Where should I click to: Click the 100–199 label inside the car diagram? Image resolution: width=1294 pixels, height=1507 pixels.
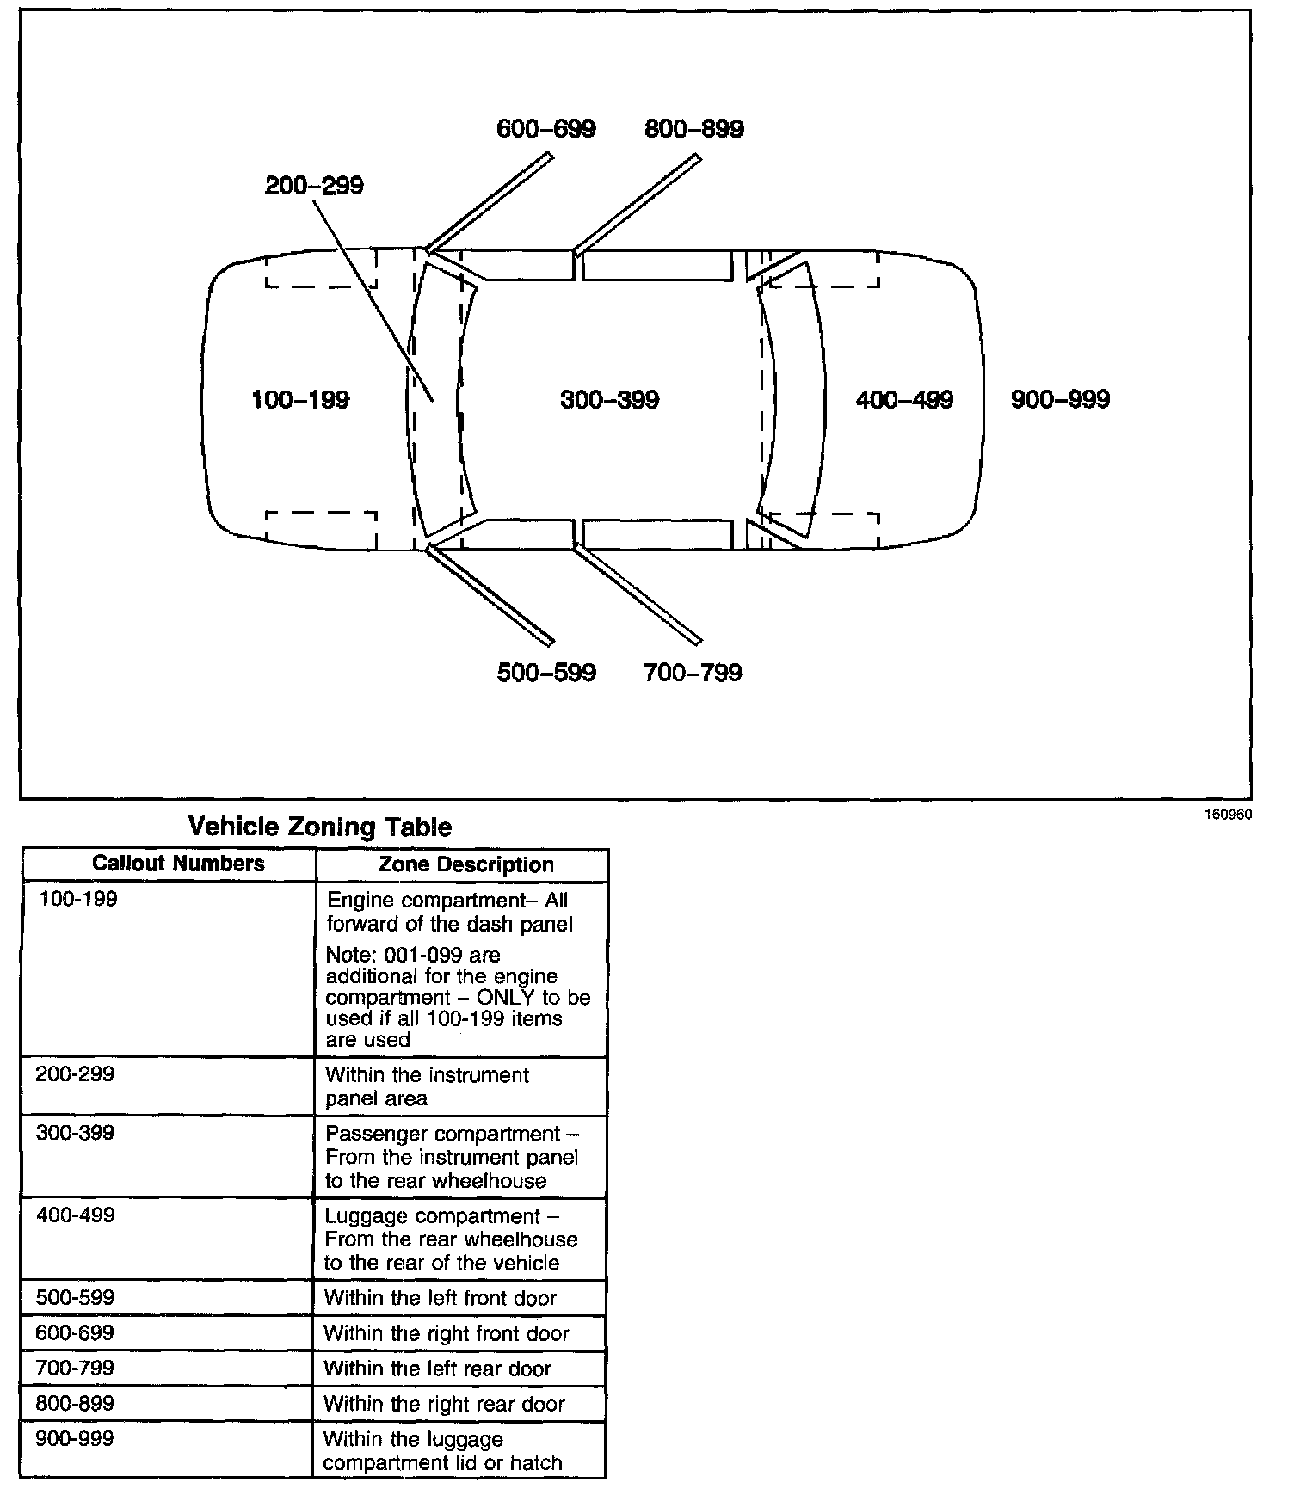tap(300, 400)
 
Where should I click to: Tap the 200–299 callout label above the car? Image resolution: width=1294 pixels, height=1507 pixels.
tap(314, 186)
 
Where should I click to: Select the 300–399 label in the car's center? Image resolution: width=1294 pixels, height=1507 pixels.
tap(609, 400)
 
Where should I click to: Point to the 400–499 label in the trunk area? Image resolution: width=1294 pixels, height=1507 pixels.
tap(904, 400)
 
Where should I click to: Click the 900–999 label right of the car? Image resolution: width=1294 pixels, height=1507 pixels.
tap(1060, 400)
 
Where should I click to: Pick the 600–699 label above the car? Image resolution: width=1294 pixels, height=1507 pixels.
tap(546, 129)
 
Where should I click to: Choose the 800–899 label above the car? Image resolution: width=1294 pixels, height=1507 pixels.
tap(694, 129)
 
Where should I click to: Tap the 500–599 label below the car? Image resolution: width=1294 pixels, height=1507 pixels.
tap(546, 673)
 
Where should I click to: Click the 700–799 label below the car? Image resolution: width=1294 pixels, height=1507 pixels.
tap(693, 673)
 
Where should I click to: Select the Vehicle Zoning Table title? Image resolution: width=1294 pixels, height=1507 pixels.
tap(319, 827)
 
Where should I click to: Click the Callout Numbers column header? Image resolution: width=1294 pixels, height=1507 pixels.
tap(178, 864)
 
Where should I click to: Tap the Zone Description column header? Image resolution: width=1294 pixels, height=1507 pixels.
tap(466, 865)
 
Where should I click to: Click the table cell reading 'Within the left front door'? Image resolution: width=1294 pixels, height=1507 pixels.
tap(441, 1298)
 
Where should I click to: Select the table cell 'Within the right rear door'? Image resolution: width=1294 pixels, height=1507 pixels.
tap(444, 1405)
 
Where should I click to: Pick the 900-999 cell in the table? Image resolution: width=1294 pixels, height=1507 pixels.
tap(75, 1439)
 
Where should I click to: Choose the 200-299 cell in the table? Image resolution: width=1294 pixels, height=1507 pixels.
tap(75, 1074)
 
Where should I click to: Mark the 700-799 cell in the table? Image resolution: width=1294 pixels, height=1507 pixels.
tap(75, 1368)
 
